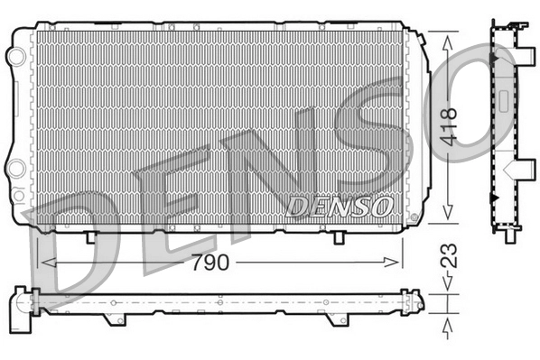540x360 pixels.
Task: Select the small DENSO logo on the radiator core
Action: (x=339, y=207)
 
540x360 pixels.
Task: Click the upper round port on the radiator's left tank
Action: (x=14, y=55)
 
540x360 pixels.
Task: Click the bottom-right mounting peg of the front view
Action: (x=337, y=236)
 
